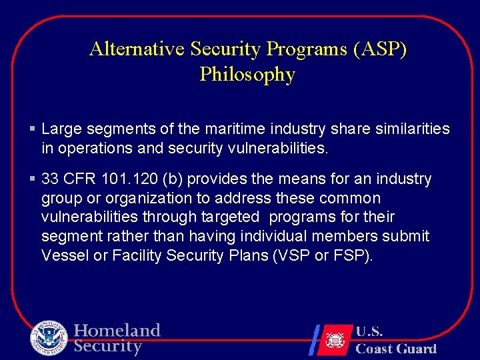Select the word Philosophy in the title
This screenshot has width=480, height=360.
tap(247, 75)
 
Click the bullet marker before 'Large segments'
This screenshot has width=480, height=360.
tap(33, 128)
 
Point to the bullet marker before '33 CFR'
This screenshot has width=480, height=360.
tap(33, 179)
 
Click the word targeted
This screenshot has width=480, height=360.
tap(227, 217)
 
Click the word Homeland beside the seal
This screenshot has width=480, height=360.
tap(117, 331)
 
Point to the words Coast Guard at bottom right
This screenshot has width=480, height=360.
tap(395, 348)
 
